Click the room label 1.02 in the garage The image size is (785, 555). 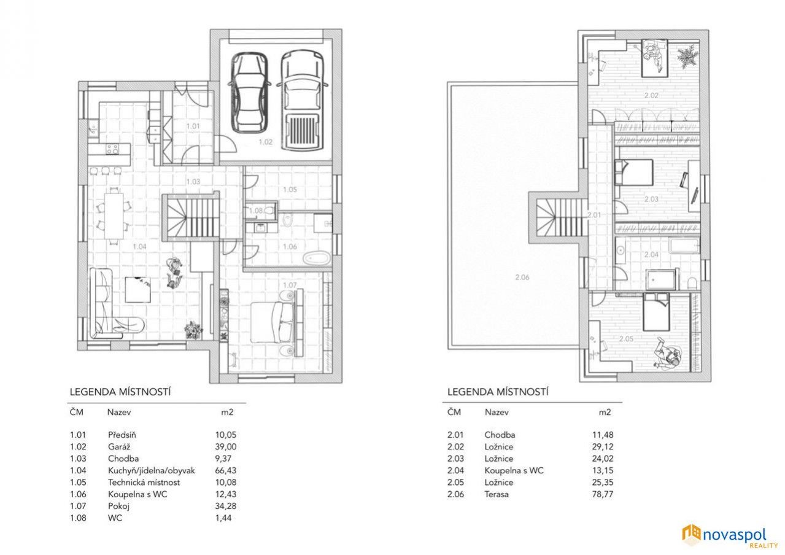(265, 142)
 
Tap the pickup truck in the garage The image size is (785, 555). (302, 100)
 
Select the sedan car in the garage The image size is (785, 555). (249, 93)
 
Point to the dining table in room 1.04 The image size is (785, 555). (114, 215)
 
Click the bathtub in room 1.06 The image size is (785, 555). (317, 258)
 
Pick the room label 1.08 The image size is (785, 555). (255, 211)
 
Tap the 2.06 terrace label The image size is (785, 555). (522, 277)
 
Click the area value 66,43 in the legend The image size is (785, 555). (226, 470)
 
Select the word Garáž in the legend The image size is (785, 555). (119, 447)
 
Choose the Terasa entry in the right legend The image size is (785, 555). (497, 494)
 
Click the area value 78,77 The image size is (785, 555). (603, 494)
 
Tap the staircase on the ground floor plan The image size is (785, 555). (191, 217)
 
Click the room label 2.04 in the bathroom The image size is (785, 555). (651, 255)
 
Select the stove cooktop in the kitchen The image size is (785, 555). (113, 149)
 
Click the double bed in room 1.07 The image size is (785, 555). (273, 322)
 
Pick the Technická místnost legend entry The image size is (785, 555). (144, 482)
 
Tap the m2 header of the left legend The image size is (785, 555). (227, 412)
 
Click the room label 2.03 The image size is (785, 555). (651, 199)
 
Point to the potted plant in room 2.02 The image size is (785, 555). (687, 57)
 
